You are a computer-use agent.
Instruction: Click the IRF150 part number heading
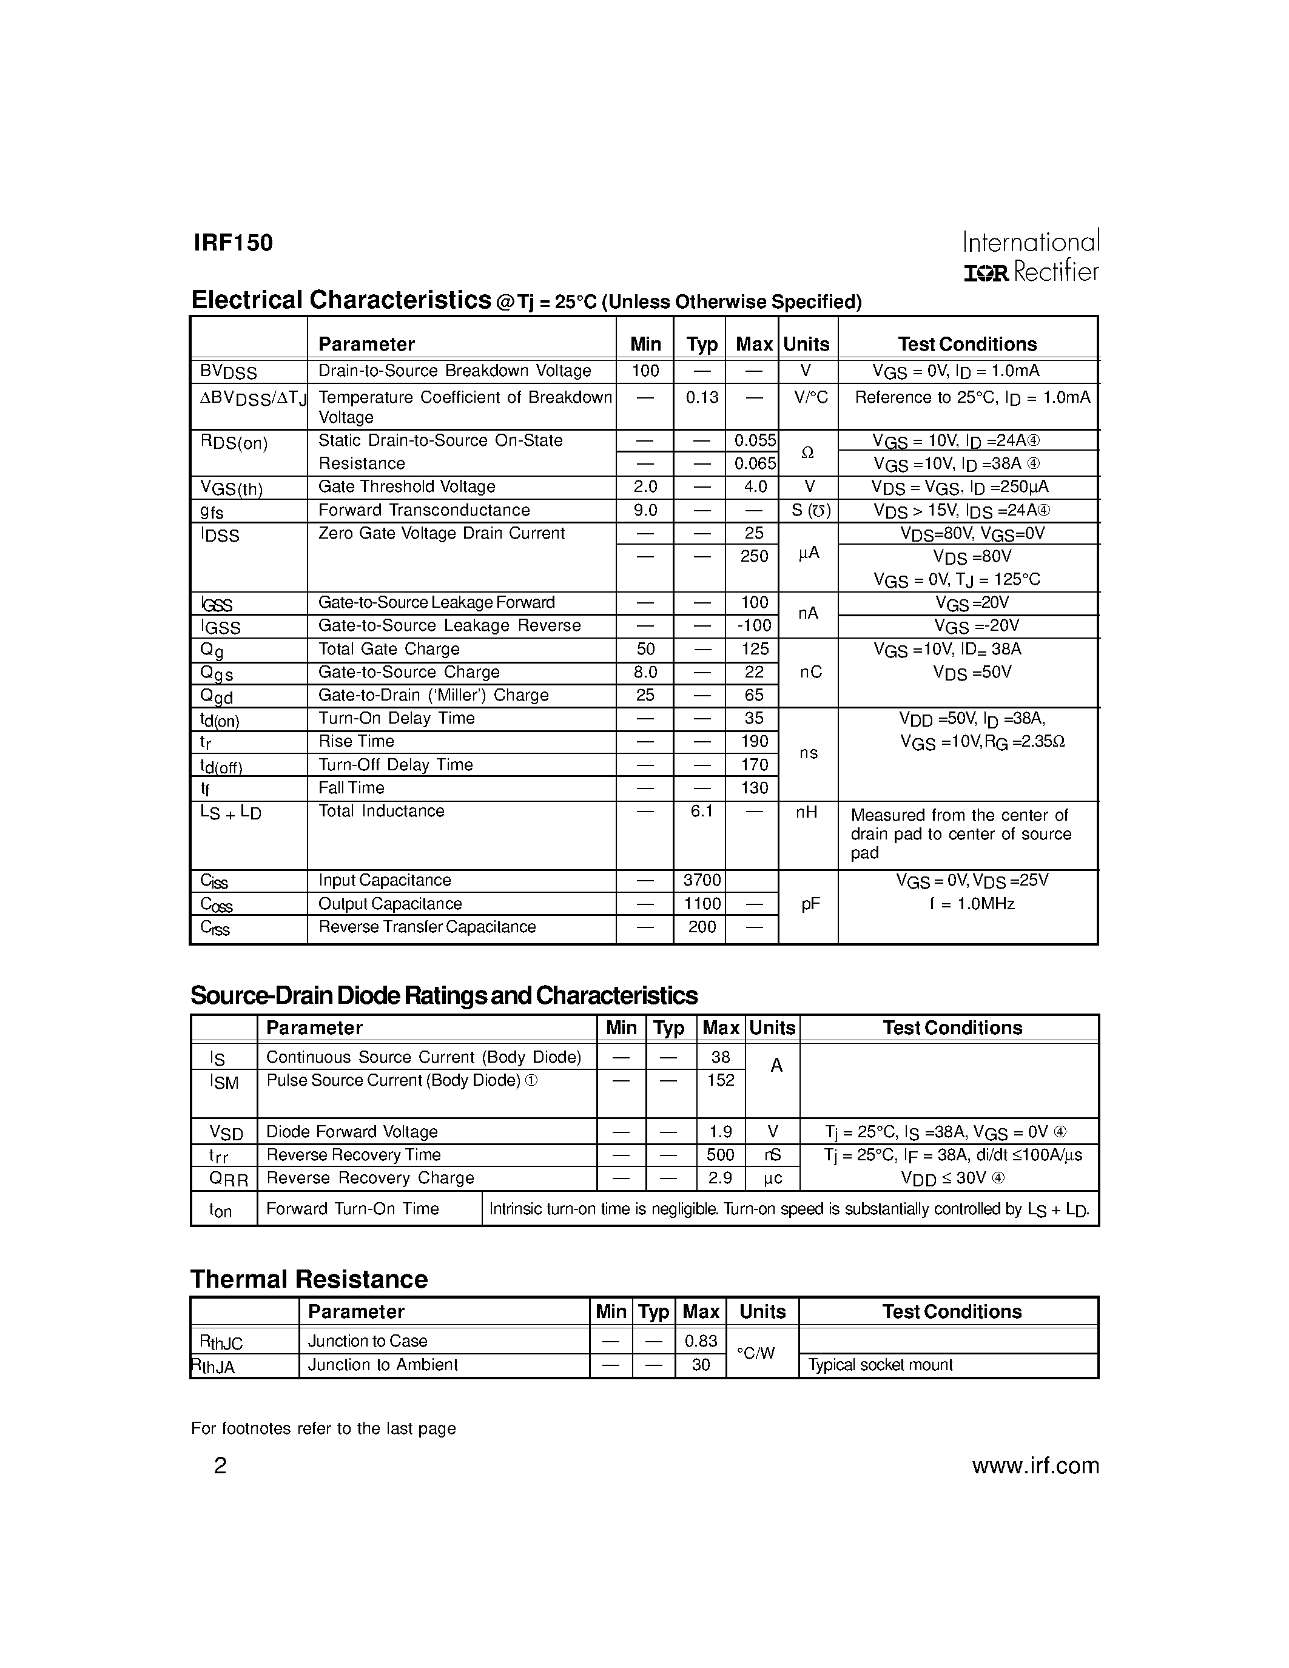(233, 243)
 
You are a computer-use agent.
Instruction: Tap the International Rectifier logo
(1030, 257)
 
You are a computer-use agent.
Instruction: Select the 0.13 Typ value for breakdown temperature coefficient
(701, 397)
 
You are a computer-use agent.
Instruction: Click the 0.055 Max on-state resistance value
(754, 441)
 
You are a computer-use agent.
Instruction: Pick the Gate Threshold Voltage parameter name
(406, 486)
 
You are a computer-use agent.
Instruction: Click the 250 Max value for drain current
(754, 556)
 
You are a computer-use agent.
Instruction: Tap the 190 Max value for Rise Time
(754, 742)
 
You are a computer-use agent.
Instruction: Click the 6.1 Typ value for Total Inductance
(701, 811)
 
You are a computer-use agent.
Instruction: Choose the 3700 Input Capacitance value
(701, 881)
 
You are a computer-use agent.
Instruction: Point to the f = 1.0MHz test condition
(971, 904)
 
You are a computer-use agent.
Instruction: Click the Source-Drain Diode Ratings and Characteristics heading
(443, 996)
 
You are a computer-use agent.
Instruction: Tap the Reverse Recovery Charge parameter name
(369, 1179)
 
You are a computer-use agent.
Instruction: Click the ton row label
(221, 1211)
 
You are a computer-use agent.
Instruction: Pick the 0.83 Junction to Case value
(700, 1341)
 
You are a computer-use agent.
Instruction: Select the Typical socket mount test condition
(880, 1365)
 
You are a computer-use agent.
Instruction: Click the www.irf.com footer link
(1035, 1465)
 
